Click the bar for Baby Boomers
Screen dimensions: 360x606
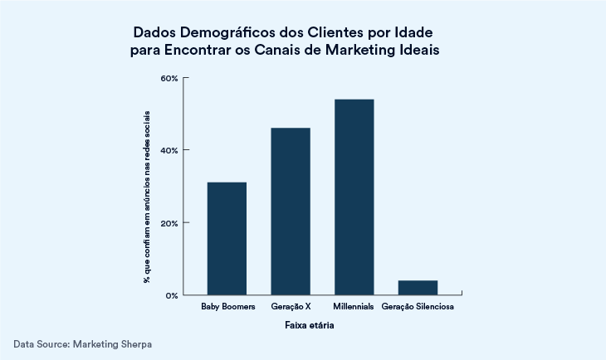pos(227,238)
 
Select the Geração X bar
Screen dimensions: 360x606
pos(291,212)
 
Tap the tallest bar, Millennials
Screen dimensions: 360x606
pos(354,197)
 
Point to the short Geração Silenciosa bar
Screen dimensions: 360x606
pos(418,287)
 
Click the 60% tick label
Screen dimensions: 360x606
pos(169,78)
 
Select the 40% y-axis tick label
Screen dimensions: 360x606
pos(169,150)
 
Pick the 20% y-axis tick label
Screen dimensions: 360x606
pos(169,223)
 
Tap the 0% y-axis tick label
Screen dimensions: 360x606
pos(172,295)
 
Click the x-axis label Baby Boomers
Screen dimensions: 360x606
pos(227,308)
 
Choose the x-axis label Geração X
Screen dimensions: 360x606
pos(291,308)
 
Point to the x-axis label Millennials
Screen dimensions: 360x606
pos(354,308)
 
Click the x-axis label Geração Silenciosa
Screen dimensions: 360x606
pos(418,308)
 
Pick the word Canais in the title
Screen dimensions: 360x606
pos(281,50)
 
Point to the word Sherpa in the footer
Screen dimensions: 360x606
pos(134,343)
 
